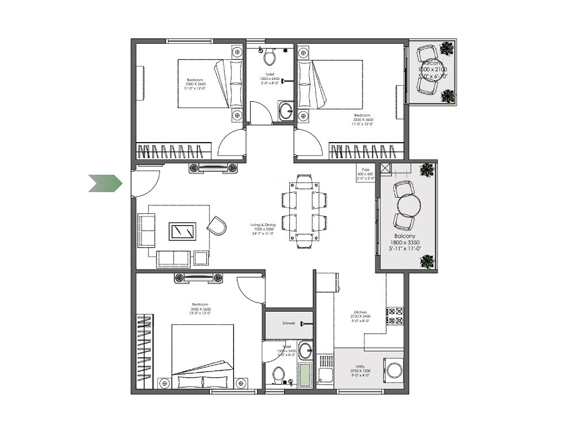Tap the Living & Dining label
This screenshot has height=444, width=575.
[x=262, y=225]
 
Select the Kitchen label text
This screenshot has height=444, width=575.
[x=361, y=312]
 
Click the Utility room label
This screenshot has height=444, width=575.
[x=360, y=366]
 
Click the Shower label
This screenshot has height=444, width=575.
[x=289, y=323]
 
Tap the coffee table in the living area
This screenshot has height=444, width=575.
[x=182, y=231]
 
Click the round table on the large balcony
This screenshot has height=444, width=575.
[x=407, y=204]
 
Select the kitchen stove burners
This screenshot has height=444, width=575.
[x=395, y=315]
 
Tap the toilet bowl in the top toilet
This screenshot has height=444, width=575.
[x=268, y=56]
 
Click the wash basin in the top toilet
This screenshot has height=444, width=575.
[x=285, y=110]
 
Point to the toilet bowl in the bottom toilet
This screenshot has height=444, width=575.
[x=278, y=376]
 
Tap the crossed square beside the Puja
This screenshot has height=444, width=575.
[x=385, y=169]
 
